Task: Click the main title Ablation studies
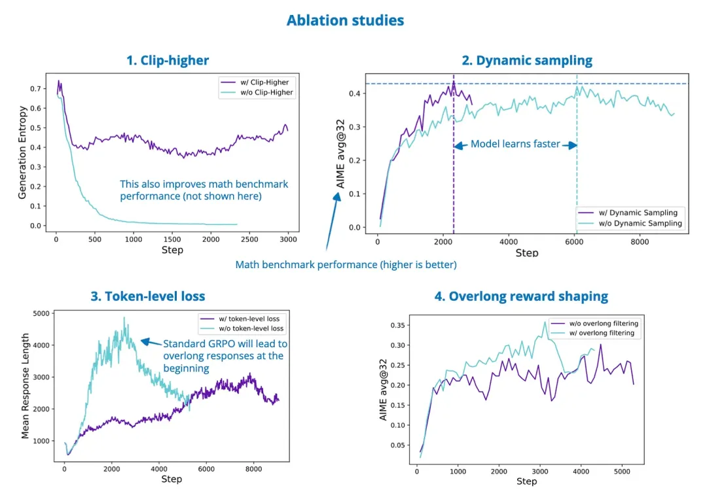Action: tap(346, 20)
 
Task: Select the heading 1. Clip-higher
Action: tap(168, 60)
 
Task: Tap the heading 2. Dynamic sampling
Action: tap(527, 60)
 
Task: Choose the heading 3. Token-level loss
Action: tap(148, 296)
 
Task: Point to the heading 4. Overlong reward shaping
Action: tap(521, 296)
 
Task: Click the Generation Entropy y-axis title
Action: tap(22, 152)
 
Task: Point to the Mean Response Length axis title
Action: tap(26, 386)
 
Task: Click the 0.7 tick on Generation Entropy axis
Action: tap(35, 89)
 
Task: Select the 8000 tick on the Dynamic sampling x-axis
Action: tap(640, 242)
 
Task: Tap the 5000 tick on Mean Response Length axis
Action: tap(41, 313)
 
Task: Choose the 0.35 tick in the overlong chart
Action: tap(397, 325)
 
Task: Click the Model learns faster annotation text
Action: tap(515, 144)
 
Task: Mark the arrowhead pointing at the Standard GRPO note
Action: tap(144, 341)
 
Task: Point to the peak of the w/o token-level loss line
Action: tap(124, 317)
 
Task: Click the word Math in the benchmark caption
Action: tap(247, 264)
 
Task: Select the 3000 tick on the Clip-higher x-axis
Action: tap(288, 239)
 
